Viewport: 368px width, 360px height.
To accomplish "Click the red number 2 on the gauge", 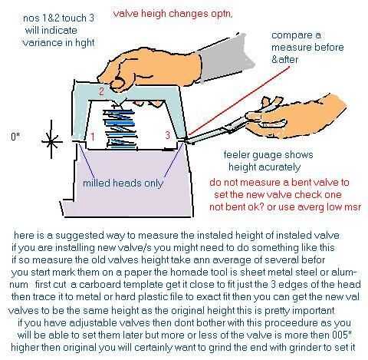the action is pos(101,91).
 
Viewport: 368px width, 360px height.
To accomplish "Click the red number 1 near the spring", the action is pos(93,137).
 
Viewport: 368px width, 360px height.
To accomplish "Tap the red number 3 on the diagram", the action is pos(167,135).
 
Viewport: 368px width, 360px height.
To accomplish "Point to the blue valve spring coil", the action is pos(120,128).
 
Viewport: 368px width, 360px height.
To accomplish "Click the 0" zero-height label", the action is pos(15,137).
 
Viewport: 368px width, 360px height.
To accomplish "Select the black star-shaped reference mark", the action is pos(51,141).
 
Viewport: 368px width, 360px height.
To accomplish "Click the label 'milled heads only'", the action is pos(123,183).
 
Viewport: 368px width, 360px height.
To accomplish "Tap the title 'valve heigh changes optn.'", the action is pos(172,14).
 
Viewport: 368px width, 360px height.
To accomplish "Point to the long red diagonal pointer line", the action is pos(240,101).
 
